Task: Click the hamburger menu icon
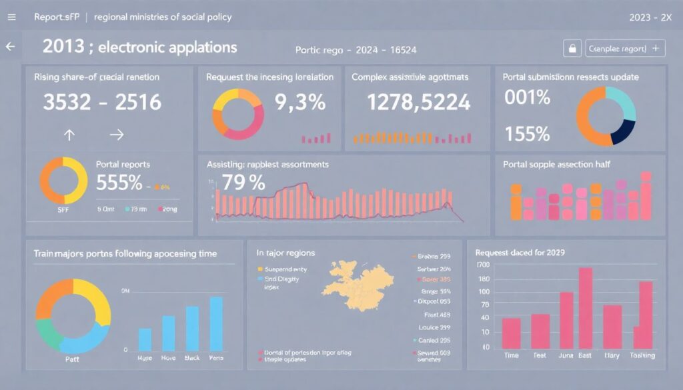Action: [11, 17]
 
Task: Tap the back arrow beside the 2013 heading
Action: [10, 47]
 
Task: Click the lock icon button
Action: [572, 49]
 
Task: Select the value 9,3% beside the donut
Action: [300, 103]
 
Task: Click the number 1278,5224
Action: [419, 103]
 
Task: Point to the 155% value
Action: [528, 133]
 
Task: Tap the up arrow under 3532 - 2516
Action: [69, 135]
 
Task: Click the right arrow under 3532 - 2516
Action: [117, 135]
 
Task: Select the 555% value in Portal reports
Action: [120, 183]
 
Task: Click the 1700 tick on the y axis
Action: [483, 265]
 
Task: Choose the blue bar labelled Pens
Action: [216, 324]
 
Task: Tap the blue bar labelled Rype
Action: [145, 339]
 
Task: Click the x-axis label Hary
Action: [612, 355]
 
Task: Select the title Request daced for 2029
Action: [520, 253]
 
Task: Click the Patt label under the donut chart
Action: [72, 358]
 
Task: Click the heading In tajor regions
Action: [285, 253]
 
